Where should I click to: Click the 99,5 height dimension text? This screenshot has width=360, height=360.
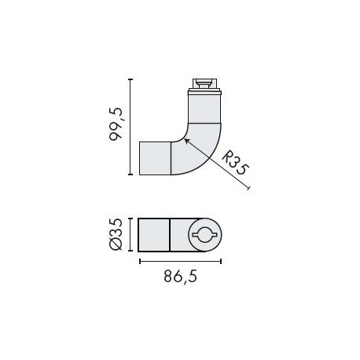(117, 126)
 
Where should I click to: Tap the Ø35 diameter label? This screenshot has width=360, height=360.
(117, 234)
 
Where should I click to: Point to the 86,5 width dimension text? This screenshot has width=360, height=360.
(180, 277)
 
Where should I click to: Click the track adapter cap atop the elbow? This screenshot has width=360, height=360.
(204, 84)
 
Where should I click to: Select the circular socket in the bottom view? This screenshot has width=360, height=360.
(204, 234)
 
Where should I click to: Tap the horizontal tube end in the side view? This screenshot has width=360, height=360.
(155, 158)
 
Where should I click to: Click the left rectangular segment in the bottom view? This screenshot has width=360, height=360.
(154, 234)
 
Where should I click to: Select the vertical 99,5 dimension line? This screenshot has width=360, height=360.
(130, 126)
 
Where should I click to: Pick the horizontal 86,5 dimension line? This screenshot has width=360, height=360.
(180, 260)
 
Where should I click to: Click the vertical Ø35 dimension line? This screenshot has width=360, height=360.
(130, 234)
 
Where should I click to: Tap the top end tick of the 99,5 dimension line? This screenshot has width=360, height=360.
(130, 78)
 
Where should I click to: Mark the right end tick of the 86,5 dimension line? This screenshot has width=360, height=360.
(221, 260)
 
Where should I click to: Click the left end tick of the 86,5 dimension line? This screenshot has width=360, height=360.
(139, 260)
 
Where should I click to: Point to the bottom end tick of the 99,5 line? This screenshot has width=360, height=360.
(130, 174)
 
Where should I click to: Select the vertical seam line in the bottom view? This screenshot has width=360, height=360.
(171, 234)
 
